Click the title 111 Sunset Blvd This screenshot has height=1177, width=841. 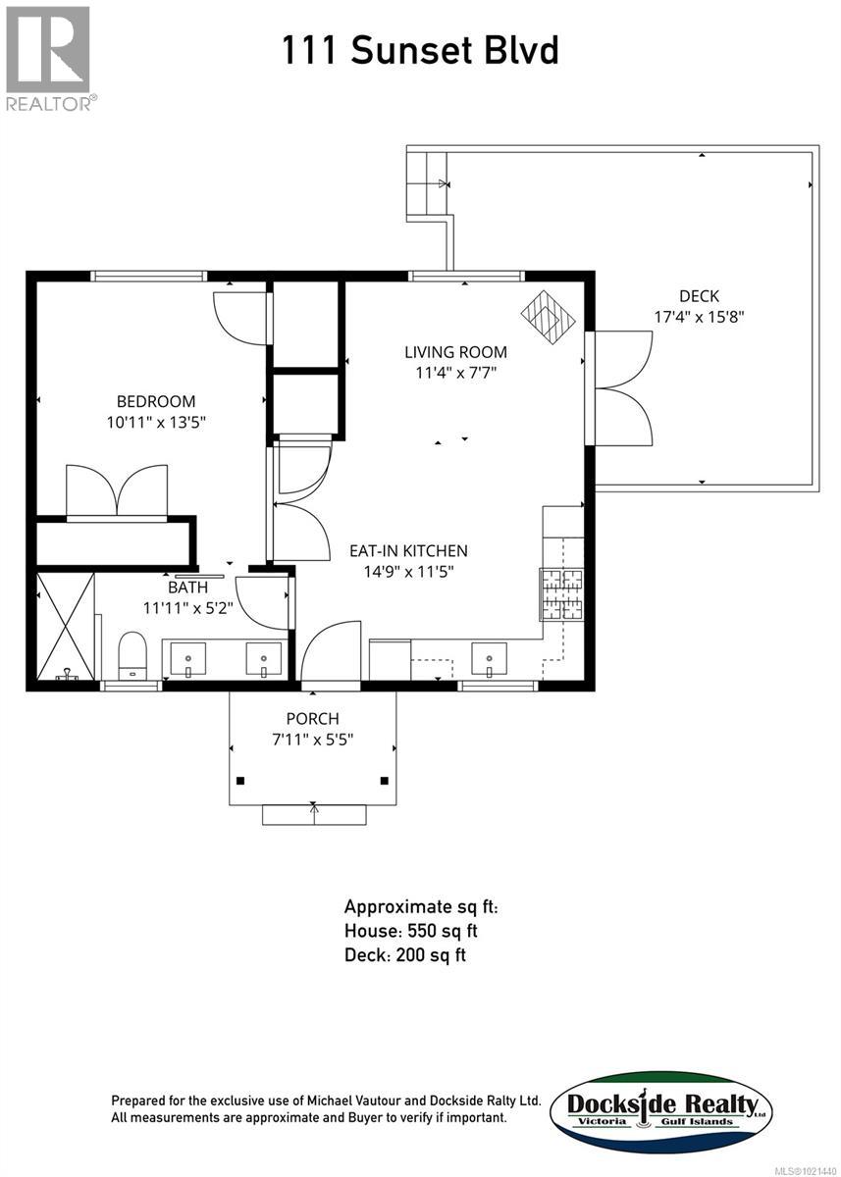[x=420, y=50]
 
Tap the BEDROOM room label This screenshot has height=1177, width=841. [x=156, y=401]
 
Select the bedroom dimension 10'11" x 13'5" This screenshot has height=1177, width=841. [x=156, y=422]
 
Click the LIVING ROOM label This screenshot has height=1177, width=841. [x=455, y=352]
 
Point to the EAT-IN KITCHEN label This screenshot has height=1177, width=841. [x=408, y=550]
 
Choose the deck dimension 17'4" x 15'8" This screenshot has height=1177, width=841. [x=699, y=317]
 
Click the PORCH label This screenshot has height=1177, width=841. [x=313, y=718]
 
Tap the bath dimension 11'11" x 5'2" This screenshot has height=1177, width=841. [x=187, y=608]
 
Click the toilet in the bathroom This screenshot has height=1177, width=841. [x=131, y=656]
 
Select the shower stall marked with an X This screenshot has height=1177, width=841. [x=65, y=627]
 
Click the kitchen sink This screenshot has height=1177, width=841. [x=489, y=658]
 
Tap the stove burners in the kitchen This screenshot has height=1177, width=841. [x=561, y=594]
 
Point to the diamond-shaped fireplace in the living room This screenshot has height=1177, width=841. [x=548, y=318]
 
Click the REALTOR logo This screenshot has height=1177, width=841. [x=49, y=59]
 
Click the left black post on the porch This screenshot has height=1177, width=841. [x=240, y=781]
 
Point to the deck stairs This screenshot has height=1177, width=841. [x=427, y=183]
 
